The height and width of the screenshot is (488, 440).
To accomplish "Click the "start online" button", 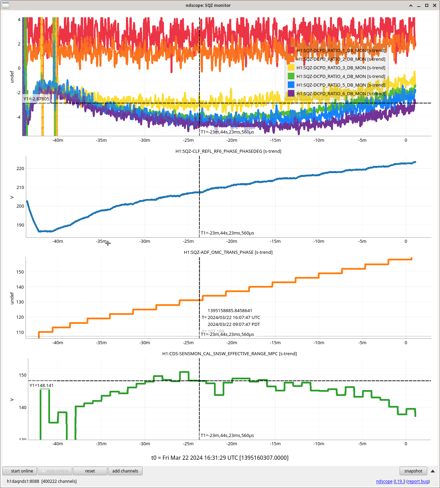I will (20, 471).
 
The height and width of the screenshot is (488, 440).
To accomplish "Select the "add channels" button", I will (125, 471).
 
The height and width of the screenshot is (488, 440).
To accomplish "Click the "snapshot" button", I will (413, 471).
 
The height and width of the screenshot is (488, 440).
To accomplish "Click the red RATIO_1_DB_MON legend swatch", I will (291, 50).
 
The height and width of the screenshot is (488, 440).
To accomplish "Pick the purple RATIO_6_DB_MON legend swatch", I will (291, 93).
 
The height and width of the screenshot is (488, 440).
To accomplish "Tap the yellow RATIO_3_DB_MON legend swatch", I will (291, 68).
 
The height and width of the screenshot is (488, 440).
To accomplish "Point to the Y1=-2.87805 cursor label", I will (36, 99).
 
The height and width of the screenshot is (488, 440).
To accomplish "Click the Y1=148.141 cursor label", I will (41, 386).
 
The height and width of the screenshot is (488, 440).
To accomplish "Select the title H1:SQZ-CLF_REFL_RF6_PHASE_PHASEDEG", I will (228, 151).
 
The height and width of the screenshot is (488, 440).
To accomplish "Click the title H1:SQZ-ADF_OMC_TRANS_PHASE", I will (228, 252).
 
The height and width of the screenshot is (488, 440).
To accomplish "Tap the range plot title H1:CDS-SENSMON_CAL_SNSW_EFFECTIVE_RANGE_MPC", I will (229, 353).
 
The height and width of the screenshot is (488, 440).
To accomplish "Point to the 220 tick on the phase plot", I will (20, 169).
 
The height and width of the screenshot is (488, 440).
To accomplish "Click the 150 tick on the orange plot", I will (20, 272).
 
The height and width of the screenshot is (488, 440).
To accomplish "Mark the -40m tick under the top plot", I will (58, 140).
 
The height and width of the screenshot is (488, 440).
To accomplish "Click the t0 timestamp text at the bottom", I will (220, 458).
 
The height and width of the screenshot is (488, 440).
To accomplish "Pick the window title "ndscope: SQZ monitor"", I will (208, 5).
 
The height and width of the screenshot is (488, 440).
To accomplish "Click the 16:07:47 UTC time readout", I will (234, 317).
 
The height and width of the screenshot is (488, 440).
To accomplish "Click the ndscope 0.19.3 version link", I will (390, 481).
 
